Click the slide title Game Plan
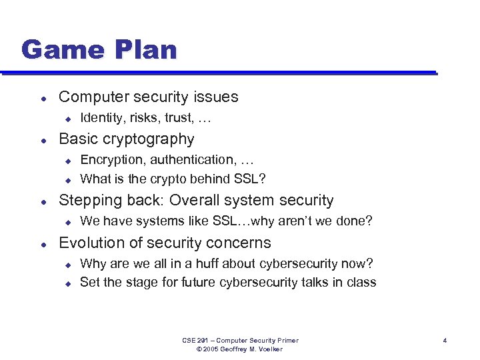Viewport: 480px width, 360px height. (x=99, y=50)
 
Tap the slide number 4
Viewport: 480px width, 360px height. (x=445, y=341)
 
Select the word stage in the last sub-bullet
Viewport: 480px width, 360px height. (x=136, y=282)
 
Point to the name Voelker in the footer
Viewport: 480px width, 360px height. (x=270, y=349)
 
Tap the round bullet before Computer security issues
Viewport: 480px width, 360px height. (x=43, y=97)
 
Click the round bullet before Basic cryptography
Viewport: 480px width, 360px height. (x=43, y=140)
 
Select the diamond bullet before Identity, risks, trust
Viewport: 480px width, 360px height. (x=67, y=119)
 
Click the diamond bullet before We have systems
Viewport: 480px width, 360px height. (x=67, y=221)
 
